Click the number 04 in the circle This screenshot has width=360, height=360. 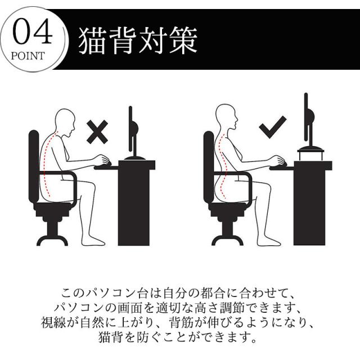(32, 31)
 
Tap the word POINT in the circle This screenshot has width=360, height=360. (28, 56)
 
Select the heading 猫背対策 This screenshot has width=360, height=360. (138, 41)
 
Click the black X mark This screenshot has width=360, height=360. (97, 132)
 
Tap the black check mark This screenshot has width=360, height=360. (272, 127)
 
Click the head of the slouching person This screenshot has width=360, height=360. (65, 121)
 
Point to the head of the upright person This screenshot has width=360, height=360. (227, 118)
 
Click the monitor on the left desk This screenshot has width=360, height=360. (133, 133)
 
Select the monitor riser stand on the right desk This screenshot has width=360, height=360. (310, 154)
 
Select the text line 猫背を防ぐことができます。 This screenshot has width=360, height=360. (177, 337)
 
